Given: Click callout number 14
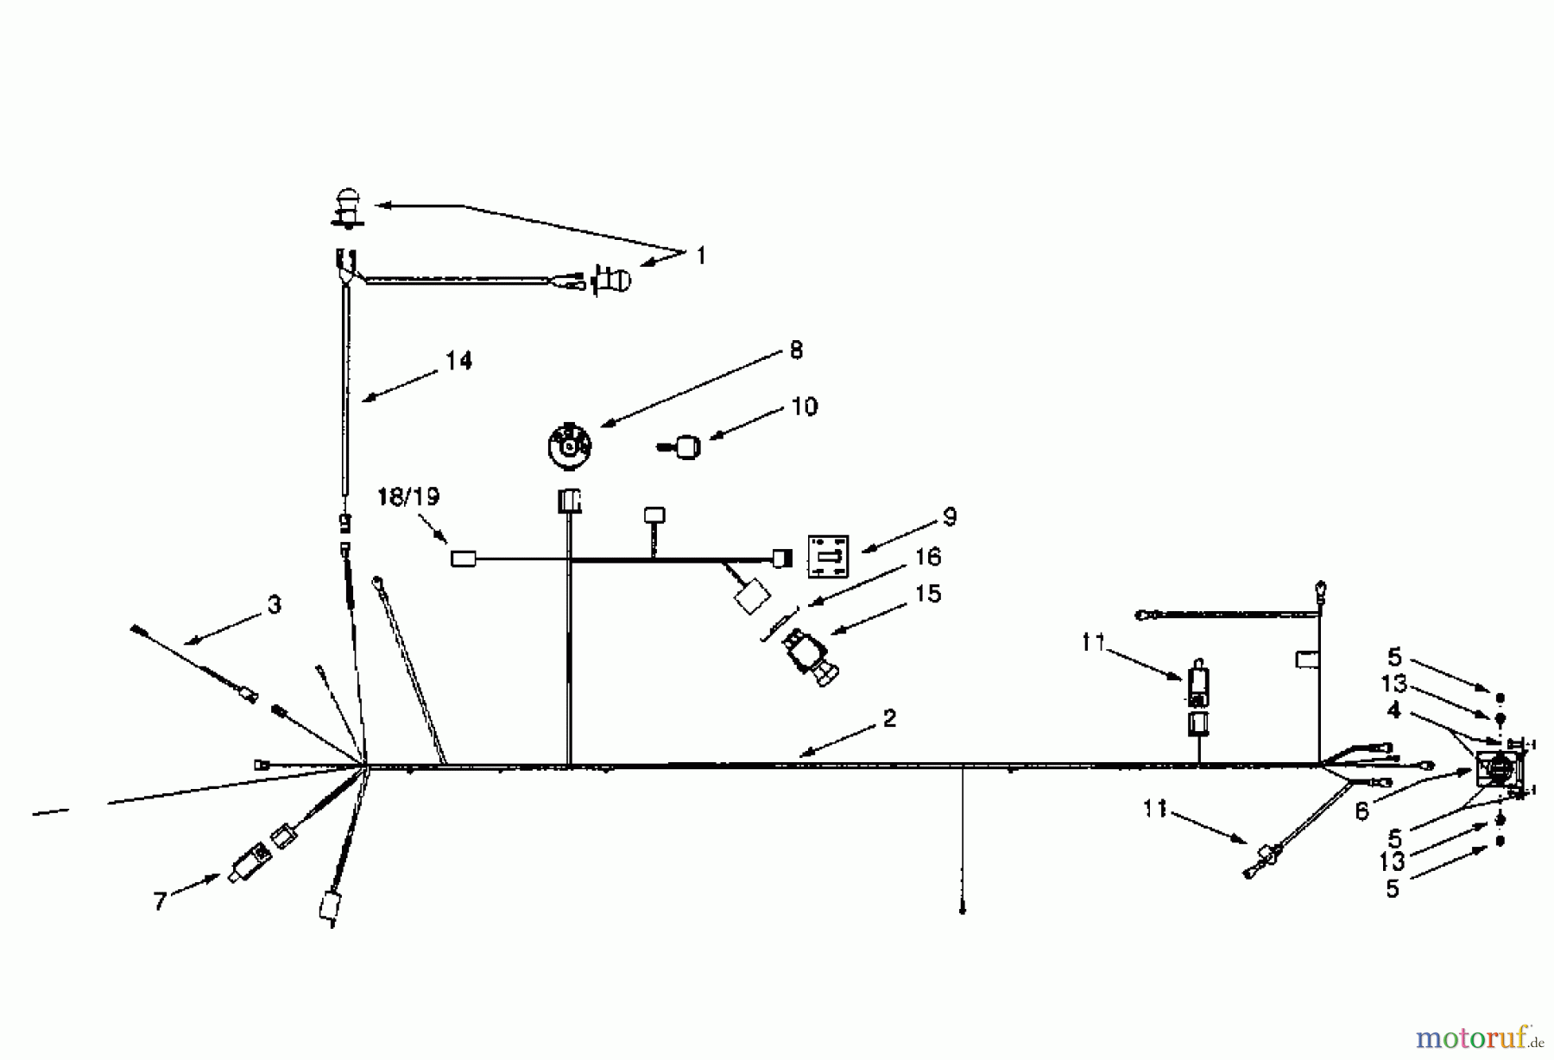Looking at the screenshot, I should [x=458, y=361].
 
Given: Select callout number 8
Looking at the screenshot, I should [x=795, y=350].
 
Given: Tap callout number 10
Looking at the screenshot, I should [x=804, y=407].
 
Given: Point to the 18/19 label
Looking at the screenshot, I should [x=408, y=497].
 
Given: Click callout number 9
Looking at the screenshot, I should [x=950, y=517].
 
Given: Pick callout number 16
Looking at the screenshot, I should [x=928, y=557].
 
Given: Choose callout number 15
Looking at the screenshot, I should [x=928, y=594].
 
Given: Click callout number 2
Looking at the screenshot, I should [x=889, y=718].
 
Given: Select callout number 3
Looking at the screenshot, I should [x=274, y=605].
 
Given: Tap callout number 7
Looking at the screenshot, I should [x=160, y=902].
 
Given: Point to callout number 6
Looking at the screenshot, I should [x=1361, y=811].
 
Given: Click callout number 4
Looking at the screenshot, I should [x=1393, y=710].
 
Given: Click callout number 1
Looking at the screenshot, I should [x=701, y=256].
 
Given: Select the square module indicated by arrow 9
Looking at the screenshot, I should [x=828, y=557].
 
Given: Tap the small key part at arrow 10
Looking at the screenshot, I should [x=684, y=448].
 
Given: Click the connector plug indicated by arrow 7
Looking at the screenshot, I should [x=250, y=861].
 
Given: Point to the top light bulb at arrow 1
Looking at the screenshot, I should [x=347, y=207].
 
